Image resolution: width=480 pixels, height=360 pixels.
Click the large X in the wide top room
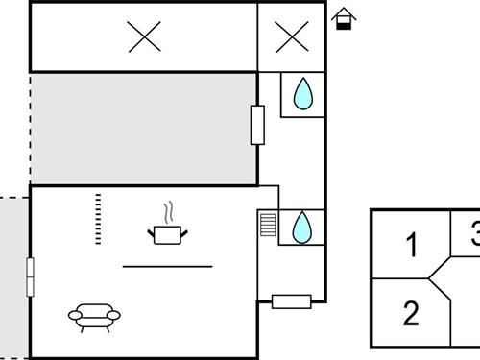(145, 36)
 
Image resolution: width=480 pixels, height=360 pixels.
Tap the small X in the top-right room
(292, 37)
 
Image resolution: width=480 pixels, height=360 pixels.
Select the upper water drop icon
(302, 94)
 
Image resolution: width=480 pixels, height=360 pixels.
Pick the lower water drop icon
(301, 227)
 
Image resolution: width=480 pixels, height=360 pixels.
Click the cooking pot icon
(167, 233)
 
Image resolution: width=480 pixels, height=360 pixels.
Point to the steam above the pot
(169, 211)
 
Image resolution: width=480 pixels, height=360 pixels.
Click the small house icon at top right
(343, 18)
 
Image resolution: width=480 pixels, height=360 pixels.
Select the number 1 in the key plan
(412, 247)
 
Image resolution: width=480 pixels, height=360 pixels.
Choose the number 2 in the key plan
(411, 314)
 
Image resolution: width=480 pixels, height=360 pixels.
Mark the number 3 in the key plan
(474, 234)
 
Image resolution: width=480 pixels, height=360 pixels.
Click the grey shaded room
(144, 128)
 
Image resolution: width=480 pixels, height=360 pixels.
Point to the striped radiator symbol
(268, 227)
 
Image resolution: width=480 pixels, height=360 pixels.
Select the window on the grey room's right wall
(257, 125)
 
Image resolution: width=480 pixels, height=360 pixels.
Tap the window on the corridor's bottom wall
(292, 301)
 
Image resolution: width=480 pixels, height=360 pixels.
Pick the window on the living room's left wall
(31, 279)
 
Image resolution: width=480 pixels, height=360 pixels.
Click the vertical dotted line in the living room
(98, 219)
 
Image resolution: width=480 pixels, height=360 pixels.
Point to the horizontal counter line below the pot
(168, 266)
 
